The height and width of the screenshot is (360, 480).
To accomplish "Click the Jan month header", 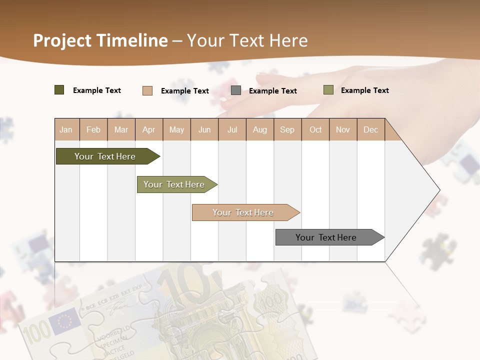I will click(x=66, y=129).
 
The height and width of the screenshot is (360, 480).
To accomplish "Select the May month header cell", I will click(x=176, y=129).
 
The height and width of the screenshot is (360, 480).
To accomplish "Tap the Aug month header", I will click(x=259, y=129).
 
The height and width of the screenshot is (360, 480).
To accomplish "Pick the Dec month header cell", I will click(x=370, y=129).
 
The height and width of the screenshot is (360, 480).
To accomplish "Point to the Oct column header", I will click(x=315, y=129).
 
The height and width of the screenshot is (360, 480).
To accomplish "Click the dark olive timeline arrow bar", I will click(x=105, y=156).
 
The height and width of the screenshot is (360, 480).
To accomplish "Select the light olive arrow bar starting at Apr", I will click(x=174, y=184).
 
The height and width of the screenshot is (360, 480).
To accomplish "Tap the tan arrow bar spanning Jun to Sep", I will click(x=243, y=212).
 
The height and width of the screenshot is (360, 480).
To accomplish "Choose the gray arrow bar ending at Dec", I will click(x=326, y=237).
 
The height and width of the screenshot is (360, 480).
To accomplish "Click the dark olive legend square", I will click(x=59, y=90).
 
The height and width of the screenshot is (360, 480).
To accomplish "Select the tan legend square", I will click(x=147, y=90).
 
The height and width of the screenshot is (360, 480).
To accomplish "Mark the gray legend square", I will click(x=236, y=90).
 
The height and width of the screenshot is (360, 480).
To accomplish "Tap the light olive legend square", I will click(x=328, y=90).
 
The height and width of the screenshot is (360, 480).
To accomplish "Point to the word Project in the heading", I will click(x=62, y=40).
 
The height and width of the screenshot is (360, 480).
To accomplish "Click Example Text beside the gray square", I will click(x=272, y=91).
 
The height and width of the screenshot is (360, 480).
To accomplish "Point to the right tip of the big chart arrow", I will click(x=439, y=190).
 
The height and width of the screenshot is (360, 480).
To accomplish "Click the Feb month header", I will click(x=93, y=129).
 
